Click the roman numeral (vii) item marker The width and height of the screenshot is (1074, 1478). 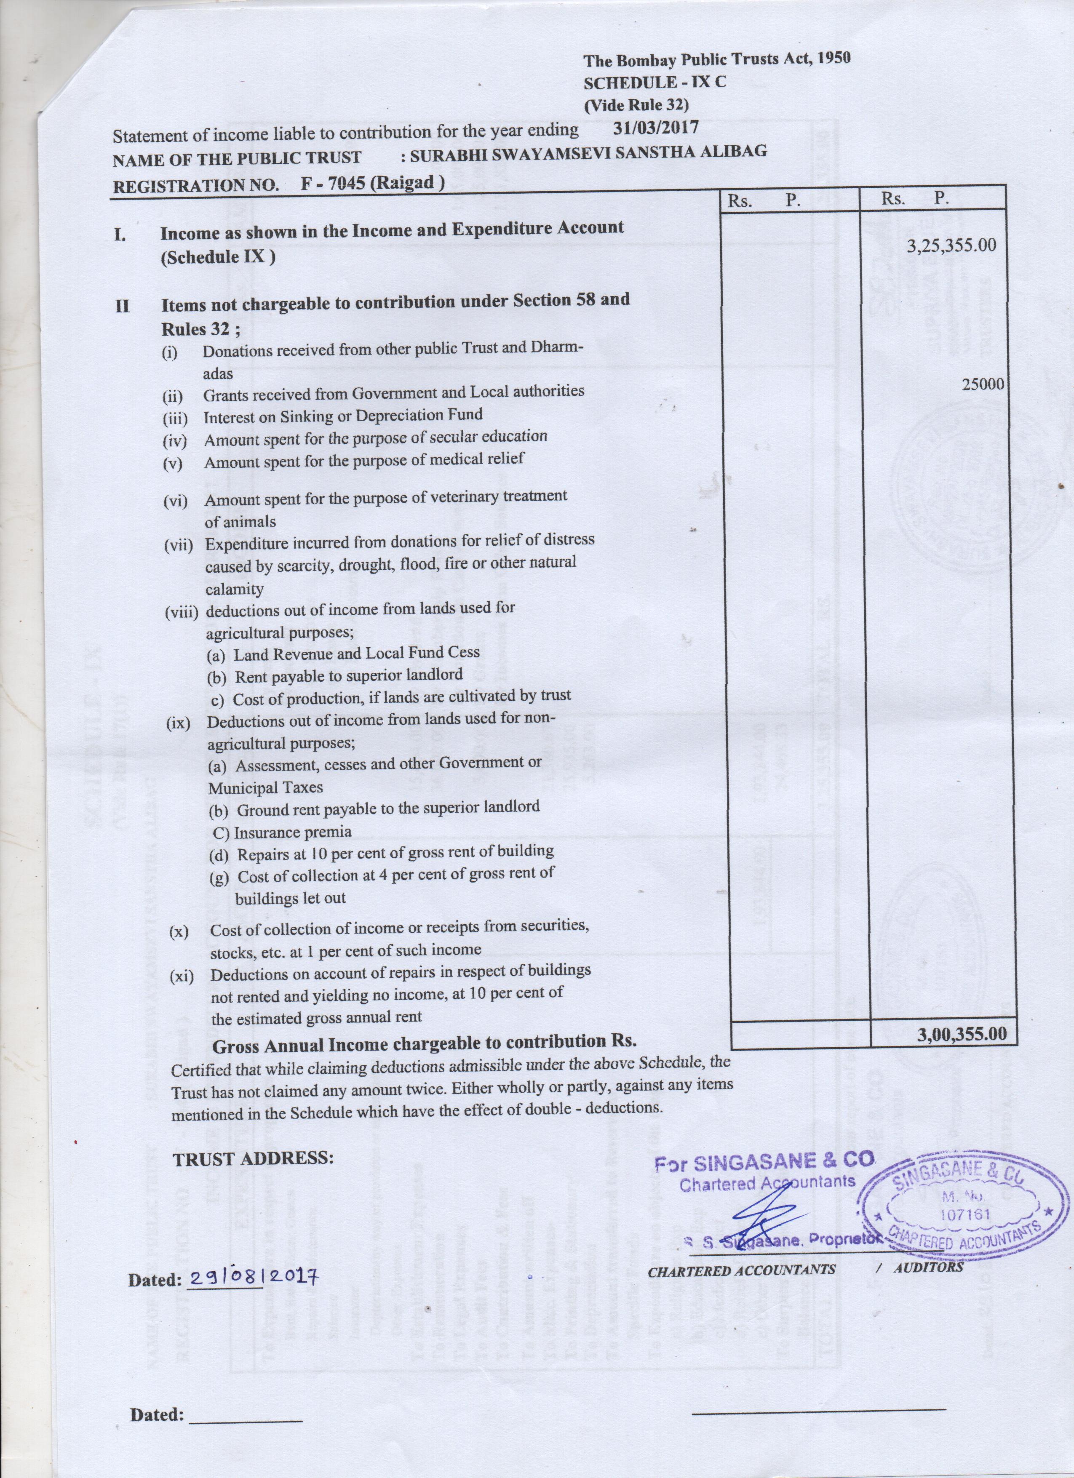tap(179, 545)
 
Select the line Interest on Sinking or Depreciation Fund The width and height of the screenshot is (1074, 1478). tap(343, 415)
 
